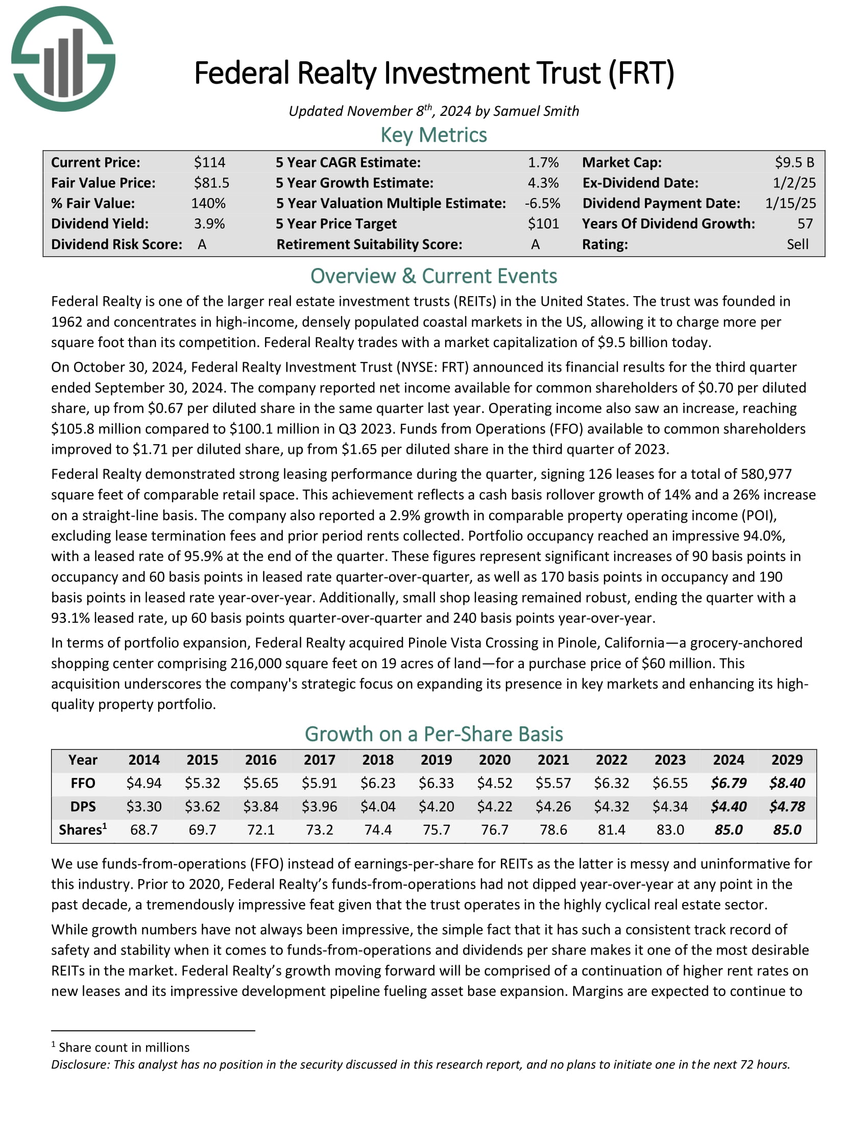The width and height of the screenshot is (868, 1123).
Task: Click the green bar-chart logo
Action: click(x=63, y=59)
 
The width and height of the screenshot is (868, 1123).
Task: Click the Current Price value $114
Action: click(x=209, y=162)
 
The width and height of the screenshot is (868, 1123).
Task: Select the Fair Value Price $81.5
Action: click(x=211, y=183)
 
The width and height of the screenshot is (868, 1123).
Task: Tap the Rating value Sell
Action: click(x=797, y=244)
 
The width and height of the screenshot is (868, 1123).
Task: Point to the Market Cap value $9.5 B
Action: click(x=794, y=162)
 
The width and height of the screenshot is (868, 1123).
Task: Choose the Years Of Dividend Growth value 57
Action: click(x=805, y=224)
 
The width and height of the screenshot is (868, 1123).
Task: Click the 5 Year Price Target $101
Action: click(x=543, y=224)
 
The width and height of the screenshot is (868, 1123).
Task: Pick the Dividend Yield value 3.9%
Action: click(x=209, y=224)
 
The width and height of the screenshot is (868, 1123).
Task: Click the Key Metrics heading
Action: click(x=433, y=135)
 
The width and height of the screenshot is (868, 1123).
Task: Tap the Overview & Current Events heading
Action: click(x=433, y=276)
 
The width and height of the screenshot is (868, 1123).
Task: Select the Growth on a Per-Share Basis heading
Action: click(x=433, y=734)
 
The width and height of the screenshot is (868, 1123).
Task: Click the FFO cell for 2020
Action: click(x=495, y=783)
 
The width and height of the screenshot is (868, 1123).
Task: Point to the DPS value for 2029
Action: click(x=787, y=806)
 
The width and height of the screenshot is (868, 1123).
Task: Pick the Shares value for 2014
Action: click(x=144, y=829)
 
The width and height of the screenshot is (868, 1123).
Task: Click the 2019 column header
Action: click(x=436, y=760)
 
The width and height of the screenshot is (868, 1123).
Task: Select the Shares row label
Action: click(x=83, y=829)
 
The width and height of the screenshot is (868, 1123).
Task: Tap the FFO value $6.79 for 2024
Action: click(x=728, y=783)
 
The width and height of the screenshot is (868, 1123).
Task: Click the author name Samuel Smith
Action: click(x=536, y=111)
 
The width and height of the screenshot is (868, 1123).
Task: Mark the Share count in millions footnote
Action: click(x=124, y=1047)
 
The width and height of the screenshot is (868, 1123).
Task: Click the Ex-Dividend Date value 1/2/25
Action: click(x=794, y=183)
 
